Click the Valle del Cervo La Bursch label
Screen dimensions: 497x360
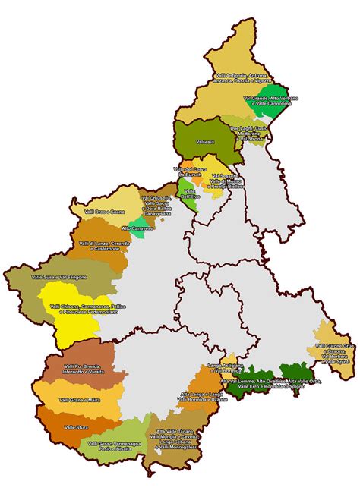point(191,171)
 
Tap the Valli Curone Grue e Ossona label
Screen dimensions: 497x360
point(333,352)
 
